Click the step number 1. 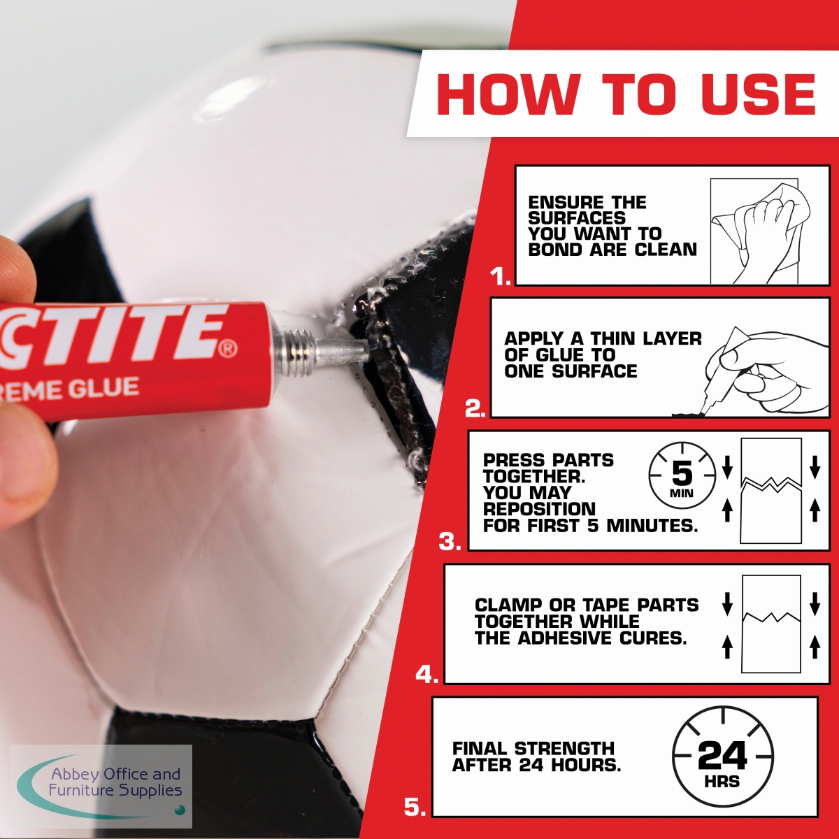point(501,276)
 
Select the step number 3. point(450,542)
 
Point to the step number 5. point(415,807)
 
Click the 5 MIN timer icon point(682,476)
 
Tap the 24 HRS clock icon point(723,756)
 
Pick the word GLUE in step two point(559,355)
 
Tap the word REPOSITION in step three point(540,509)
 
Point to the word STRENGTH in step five point(564,748)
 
